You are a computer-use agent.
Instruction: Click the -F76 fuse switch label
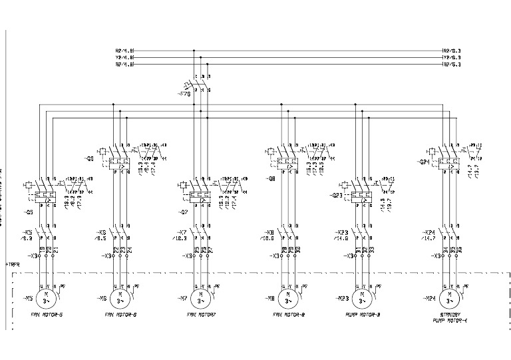click(184, 94)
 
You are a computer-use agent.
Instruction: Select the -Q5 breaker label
click(28, 212)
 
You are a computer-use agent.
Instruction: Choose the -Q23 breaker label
click(337, 196)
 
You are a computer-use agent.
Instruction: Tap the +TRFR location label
click(13, 264)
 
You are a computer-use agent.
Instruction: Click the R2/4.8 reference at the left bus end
click(125, 50)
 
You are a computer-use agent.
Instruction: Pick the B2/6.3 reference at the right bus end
click(452, 65)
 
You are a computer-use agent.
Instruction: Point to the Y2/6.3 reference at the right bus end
click(452, 58)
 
